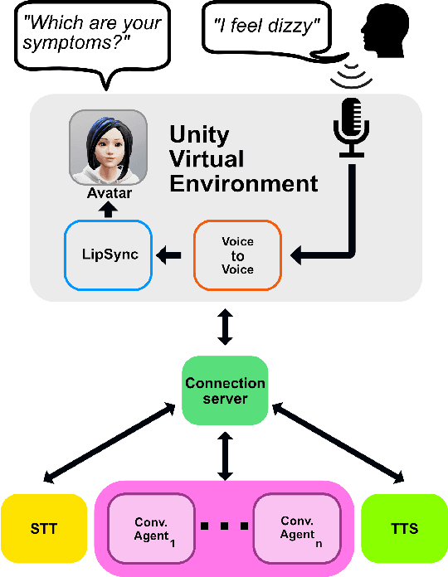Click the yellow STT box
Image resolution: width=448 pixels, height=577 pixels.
point(44,528)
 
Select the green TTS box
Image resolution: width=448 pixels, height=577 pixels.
point(404,528)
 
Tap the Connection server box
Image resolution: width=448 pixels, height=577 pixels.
point(225,390)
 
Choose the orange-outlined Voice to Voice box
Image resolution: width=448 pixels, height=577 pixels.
point(237,255)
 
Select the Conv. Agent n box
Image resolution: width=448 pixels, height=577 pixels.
point(295,528)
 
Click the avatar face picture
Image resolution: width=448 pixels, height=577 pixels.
point(107,149)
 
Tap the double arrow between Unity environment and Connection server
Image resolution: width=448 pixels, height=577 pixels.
point(224,328)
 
